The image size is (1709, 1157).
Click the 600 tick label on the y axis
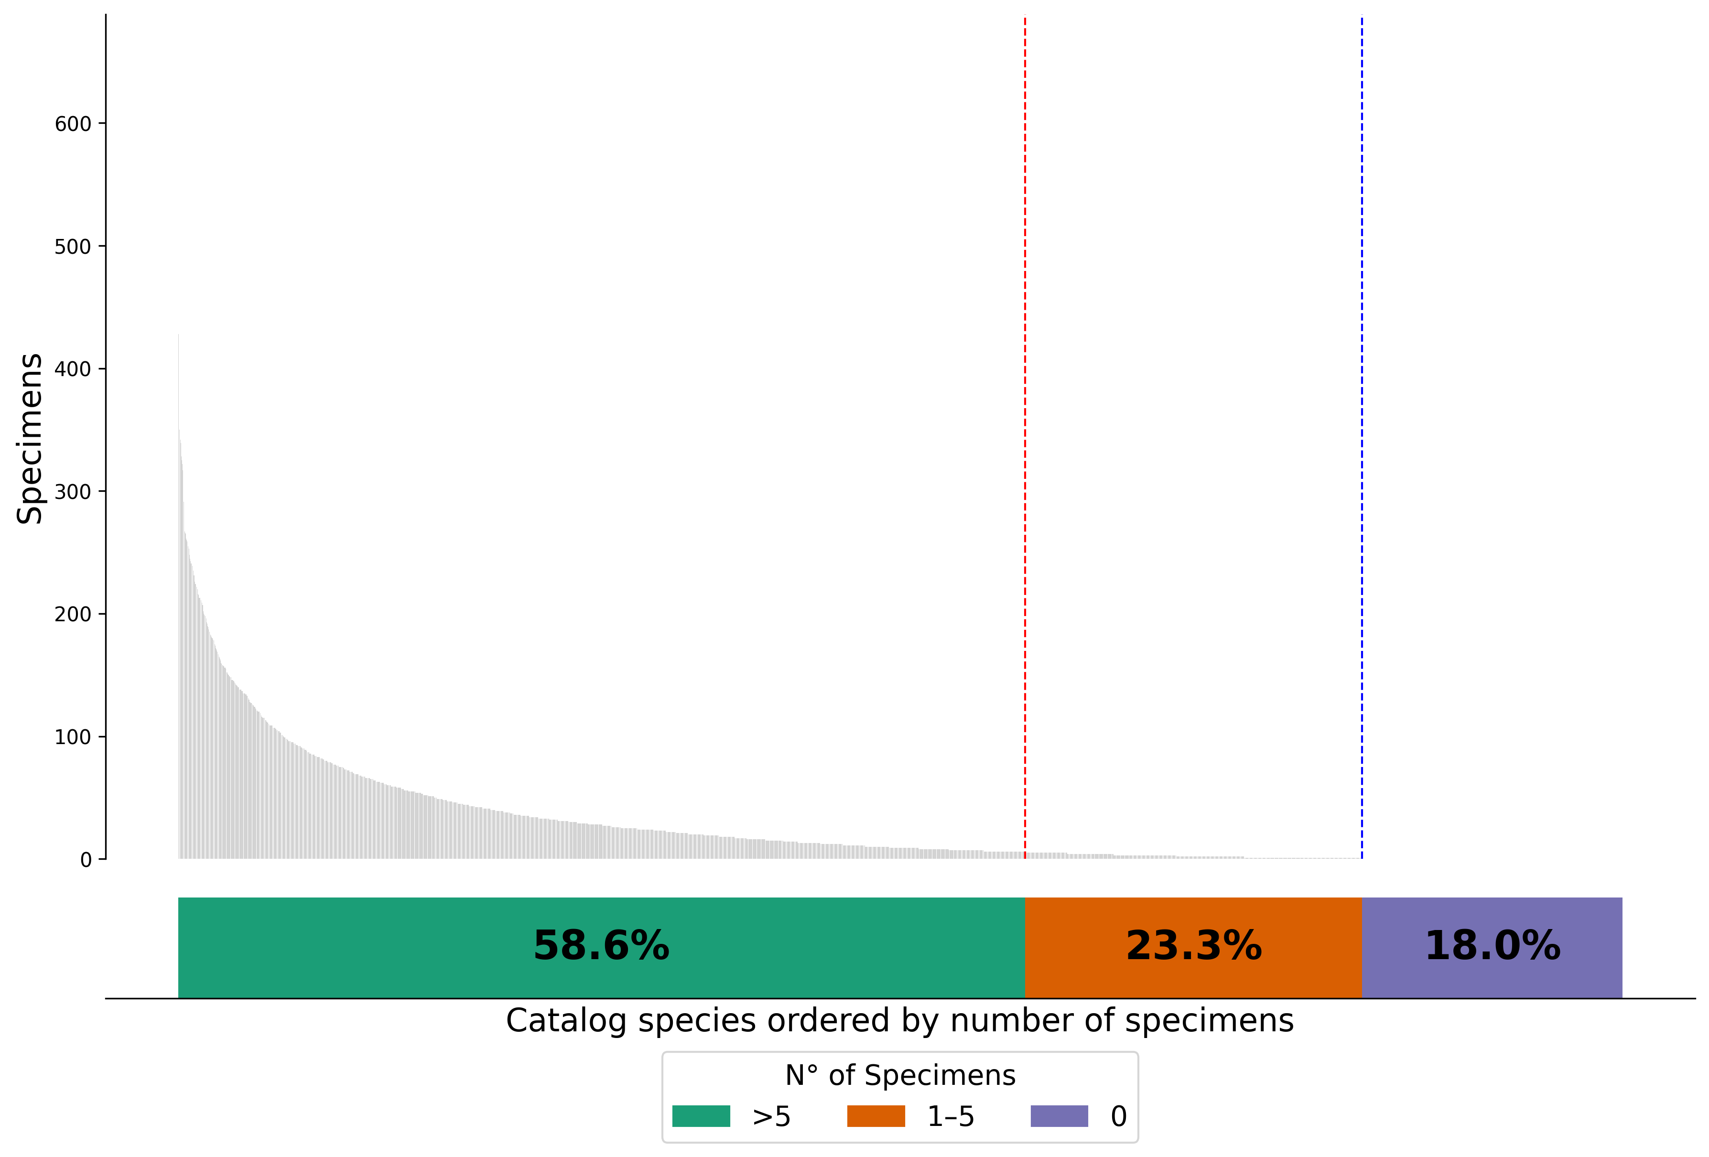click(x=73, y=124)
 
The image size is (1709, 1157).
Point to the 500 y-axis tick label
click(x=73, y=247)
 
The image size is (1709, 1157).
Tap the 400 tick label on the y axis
click(x=73, y=369)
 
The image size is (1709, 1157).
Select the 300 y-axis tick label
click(x=73, y=492)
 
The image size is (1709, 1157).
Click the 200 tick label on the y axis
click(x=73, y=614)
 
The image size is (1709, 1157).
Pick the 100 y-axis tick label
click(x=73, y=737)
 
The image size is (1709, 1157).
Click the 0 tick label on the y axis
click(x=86, y=860)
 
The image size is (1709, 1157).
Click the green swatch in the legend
click(x=701, y=1116)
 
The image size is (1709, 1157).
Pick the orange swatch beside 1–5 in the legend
click(x=876, y=1116)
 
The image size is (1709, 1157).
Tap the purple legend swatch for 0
click(x=1059, y=1116)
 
